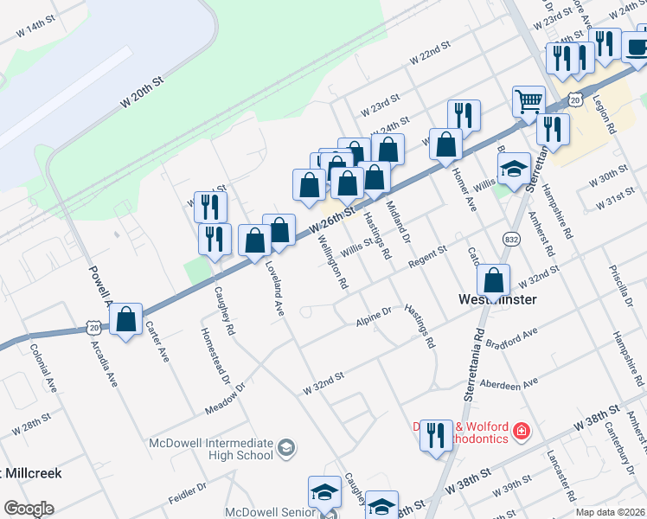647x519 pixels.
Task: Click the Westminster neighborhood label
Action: coord(496,299)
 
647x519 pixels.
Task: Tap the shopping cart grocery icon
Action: coord(528,100)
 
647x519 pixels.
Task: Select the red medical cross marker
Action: coord(521,430)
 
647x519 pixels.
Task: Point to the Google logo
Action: coord(29,509)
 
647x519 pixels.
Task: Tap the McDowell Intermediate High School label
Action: coord(212,449)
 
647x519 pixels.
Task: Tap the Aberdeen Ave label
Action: coord(513,383)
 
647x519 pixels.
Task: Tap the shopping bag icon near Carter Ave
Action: coord(126,320)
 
